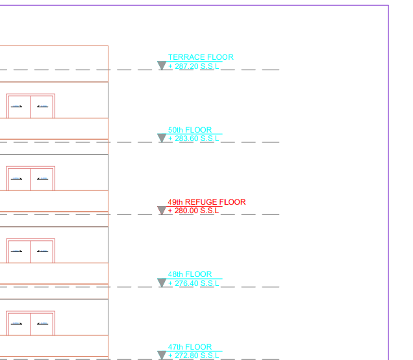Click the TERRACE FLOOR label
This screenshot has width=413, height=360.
tap(201, 57)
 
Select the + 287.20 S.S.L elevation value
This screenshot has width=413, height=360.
tap(194, 66)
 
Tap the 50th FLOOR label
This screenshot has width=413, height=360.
tap(190, 130)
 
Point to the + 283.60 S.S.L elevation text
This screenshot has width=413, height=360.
tap(194, 138)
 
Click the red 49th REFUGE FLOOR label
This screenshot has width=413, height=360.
tap(206, 202)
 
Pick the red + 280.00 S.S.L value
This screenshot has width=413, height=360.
tap(194, 211)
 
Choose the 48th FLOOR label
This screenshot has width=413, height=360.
tap(190, 274)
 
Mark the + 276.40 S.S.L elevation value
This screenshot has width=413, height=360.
tap(194, 283)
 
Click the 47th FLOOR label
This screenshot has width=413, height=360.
tap(190, 347)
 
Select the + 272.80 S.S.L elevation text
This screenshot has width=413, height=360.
tap(194, 355)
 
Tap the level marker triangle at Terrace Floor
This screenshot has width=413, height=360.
tap(162, 66)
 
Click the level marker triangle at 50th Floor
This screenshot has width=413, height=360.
tap(162, 138)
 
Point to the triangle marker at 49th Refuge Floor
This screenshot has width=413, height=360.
tap(162, 211)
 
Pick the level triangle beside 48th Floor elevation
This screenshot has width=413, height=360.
tap(162, 283)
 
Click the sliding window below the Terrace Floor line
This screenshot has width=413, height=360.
tap(31, 106)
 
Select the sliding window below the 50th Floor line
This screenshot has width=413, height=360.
tap(31, 178)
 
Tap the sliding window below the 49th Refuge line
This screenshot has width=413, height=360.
tap(31, 251)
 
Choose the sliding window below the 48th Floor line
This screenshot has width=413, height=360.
tap(31, 323)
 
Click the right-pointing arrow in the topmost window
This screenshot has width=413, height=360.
tap(18, 107)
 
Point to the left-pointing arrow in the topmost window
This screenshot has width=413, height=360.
tap(42, 107)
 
